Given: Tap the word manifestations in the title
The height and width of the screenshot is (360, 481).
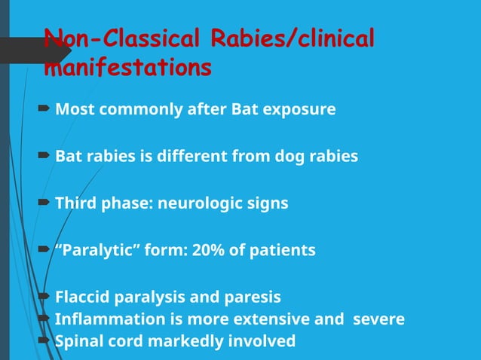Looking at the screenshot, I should click(x=127, y=68).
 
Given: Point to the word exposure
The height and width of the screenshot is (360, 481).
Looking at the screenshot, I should click(x=299, y=110).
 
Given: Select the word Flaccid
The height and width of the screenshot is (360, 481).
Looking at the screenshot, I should click(x=83, y=297).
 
